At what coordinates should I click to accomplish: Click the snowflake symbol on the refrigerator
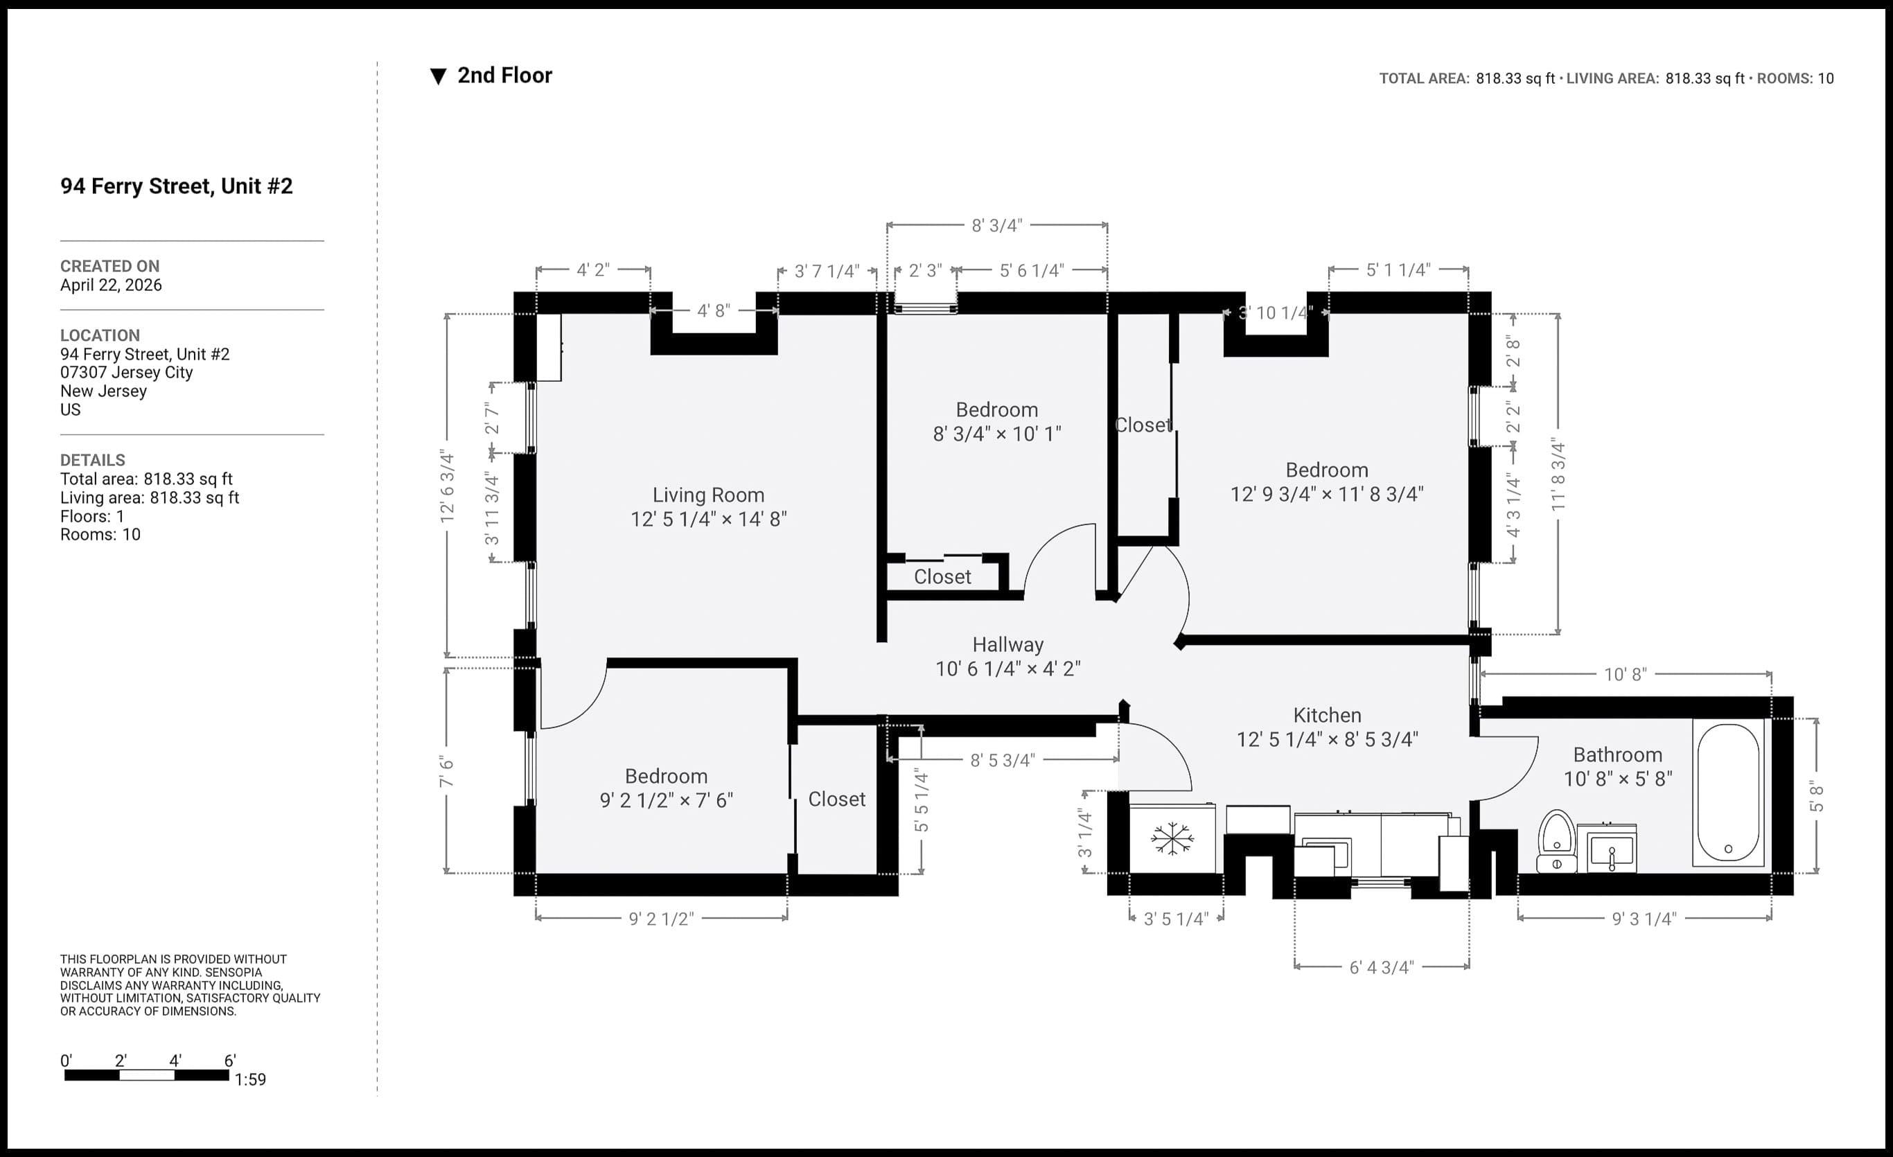pos(1172,838)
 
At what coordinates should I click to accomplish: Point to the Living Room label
pos(708,495)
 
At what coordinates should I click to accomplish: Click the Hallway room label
pos(1008,644)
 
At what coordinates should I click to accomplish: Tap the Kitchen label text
pos(1327,715)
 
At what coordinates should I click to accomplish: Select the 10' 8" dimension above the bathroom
pos(1625,675)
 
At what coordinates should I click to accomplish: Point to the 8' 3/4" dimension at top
pos(996,226)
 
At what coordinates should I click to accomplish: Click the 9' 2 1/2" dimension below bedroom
pos(661,919)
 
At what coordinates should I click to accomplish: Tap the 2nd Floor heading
pos(504,76)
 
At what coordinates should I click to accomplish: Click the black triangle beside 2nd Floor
pos(438,76)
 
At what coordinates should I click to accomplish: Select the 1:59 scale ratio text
pos(250,1079)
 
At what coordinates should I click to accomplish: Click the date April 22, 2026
pos(111,285)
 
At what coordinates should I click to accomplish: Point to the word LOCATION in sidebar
pos(100,336)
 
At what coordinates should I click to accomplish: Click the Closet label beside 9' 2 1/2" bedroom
pos(836,799)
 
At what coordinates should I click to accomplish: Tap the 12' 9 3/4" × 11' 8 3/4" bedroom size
pos(1327,494)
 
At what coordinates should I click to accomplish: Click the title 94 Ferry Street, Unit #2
pos(177,186)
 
